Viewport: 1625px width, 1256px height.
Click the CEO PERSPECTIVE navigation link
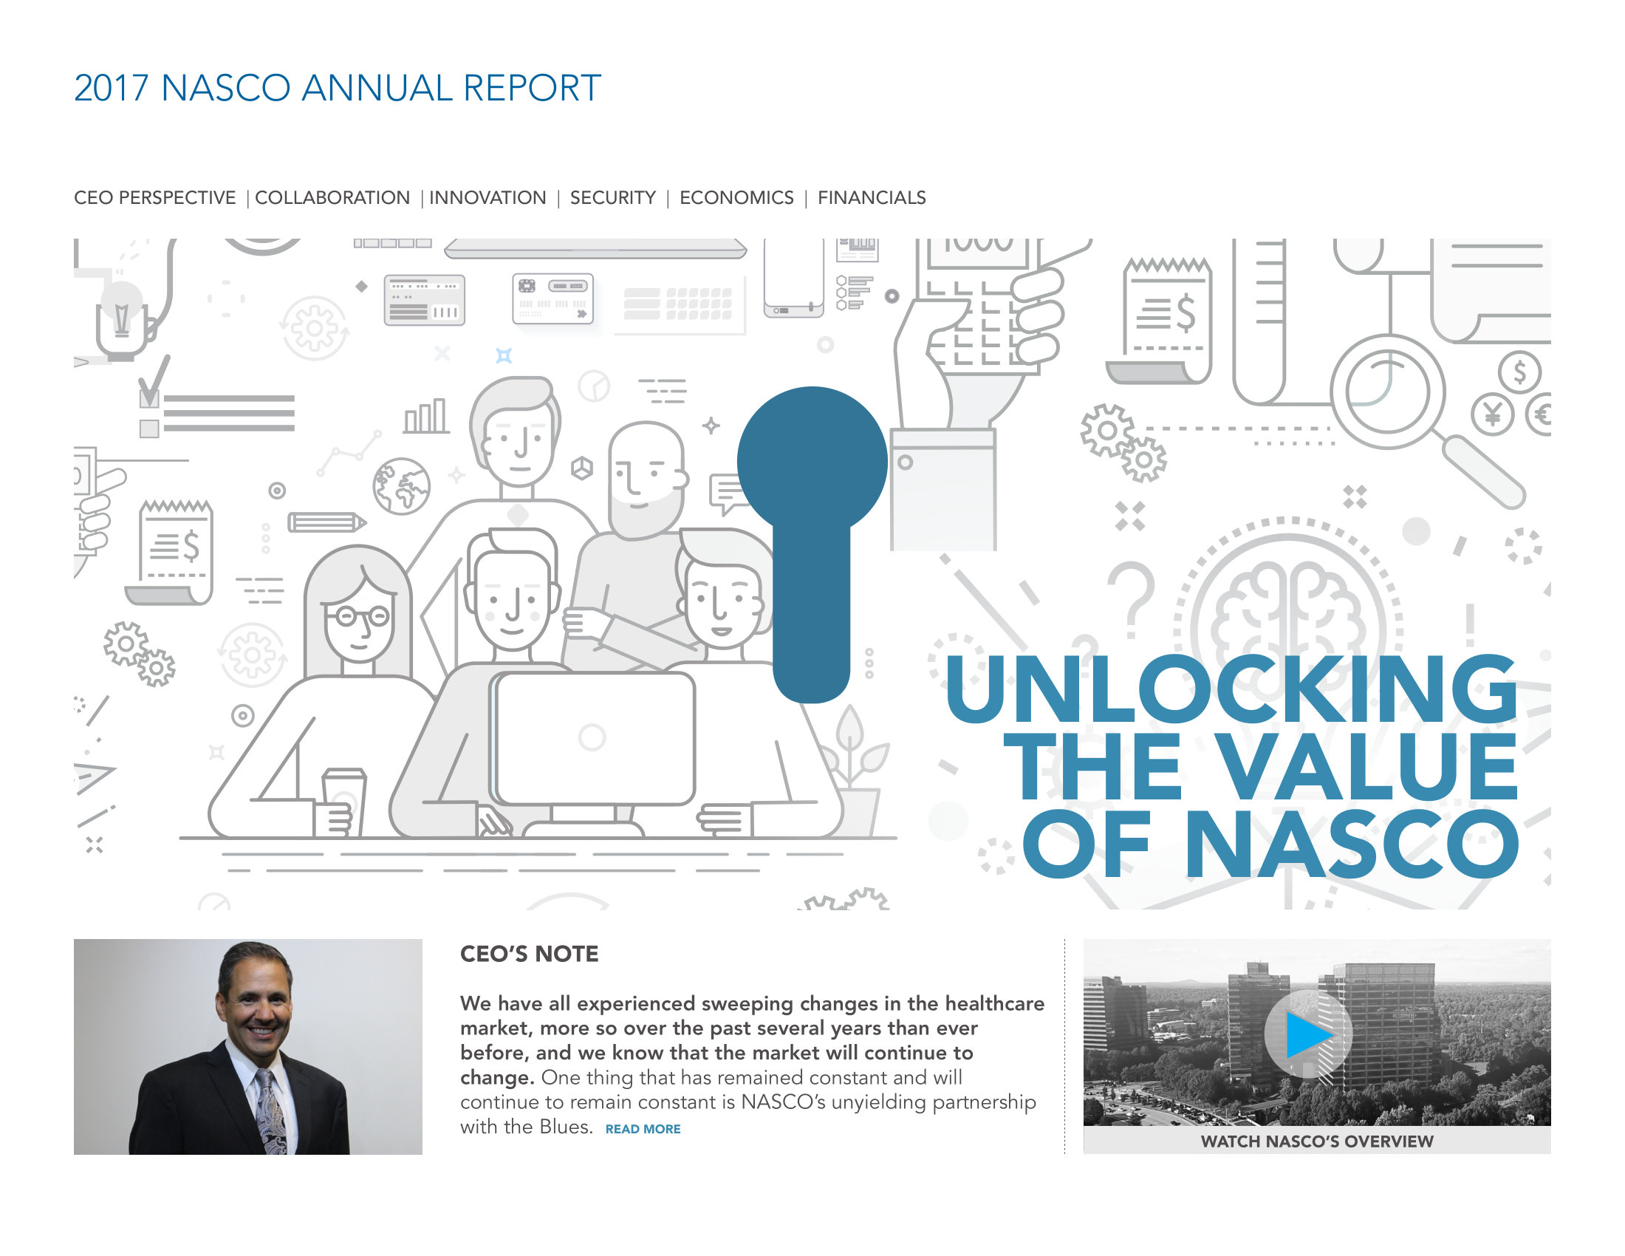[x=155, y=198]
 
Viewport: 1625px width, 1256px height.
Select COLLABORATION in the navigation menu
[x=332, y=198]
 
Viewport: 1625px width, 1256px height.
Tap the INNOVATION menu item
[x=487, y=198]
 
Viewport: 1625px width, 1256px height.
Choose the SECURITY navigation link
[x=612, y=198]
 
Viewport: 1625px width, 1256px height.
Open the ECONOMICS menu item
[x=736, y=198]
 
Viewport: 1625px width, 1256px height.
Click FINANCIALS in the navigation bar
[x=872, y=198]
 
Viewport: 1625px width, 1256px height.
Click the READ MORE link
[x=643, y=1129]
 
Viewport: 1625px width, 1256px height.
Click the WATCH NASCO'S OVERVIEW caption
[x=1317, y=1141]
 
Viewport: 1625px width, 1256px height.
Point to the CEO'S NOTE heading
[x=529, y=954]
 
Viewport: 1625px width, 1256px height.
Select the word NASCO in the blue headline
[x=1352, y=843]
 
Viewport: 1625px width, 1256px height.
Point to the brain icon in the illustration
[x=1287, y=618]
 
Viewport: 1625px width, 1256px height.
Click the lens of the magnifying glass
[x=1389, y=391]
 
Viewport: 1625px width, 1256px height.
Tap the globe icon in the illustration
[x=401, y=486]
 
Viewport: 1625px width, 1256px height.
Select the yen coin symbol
[x=1492, y=414]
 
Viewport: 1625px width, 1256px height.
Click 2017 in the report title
[x=112, y=88]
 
